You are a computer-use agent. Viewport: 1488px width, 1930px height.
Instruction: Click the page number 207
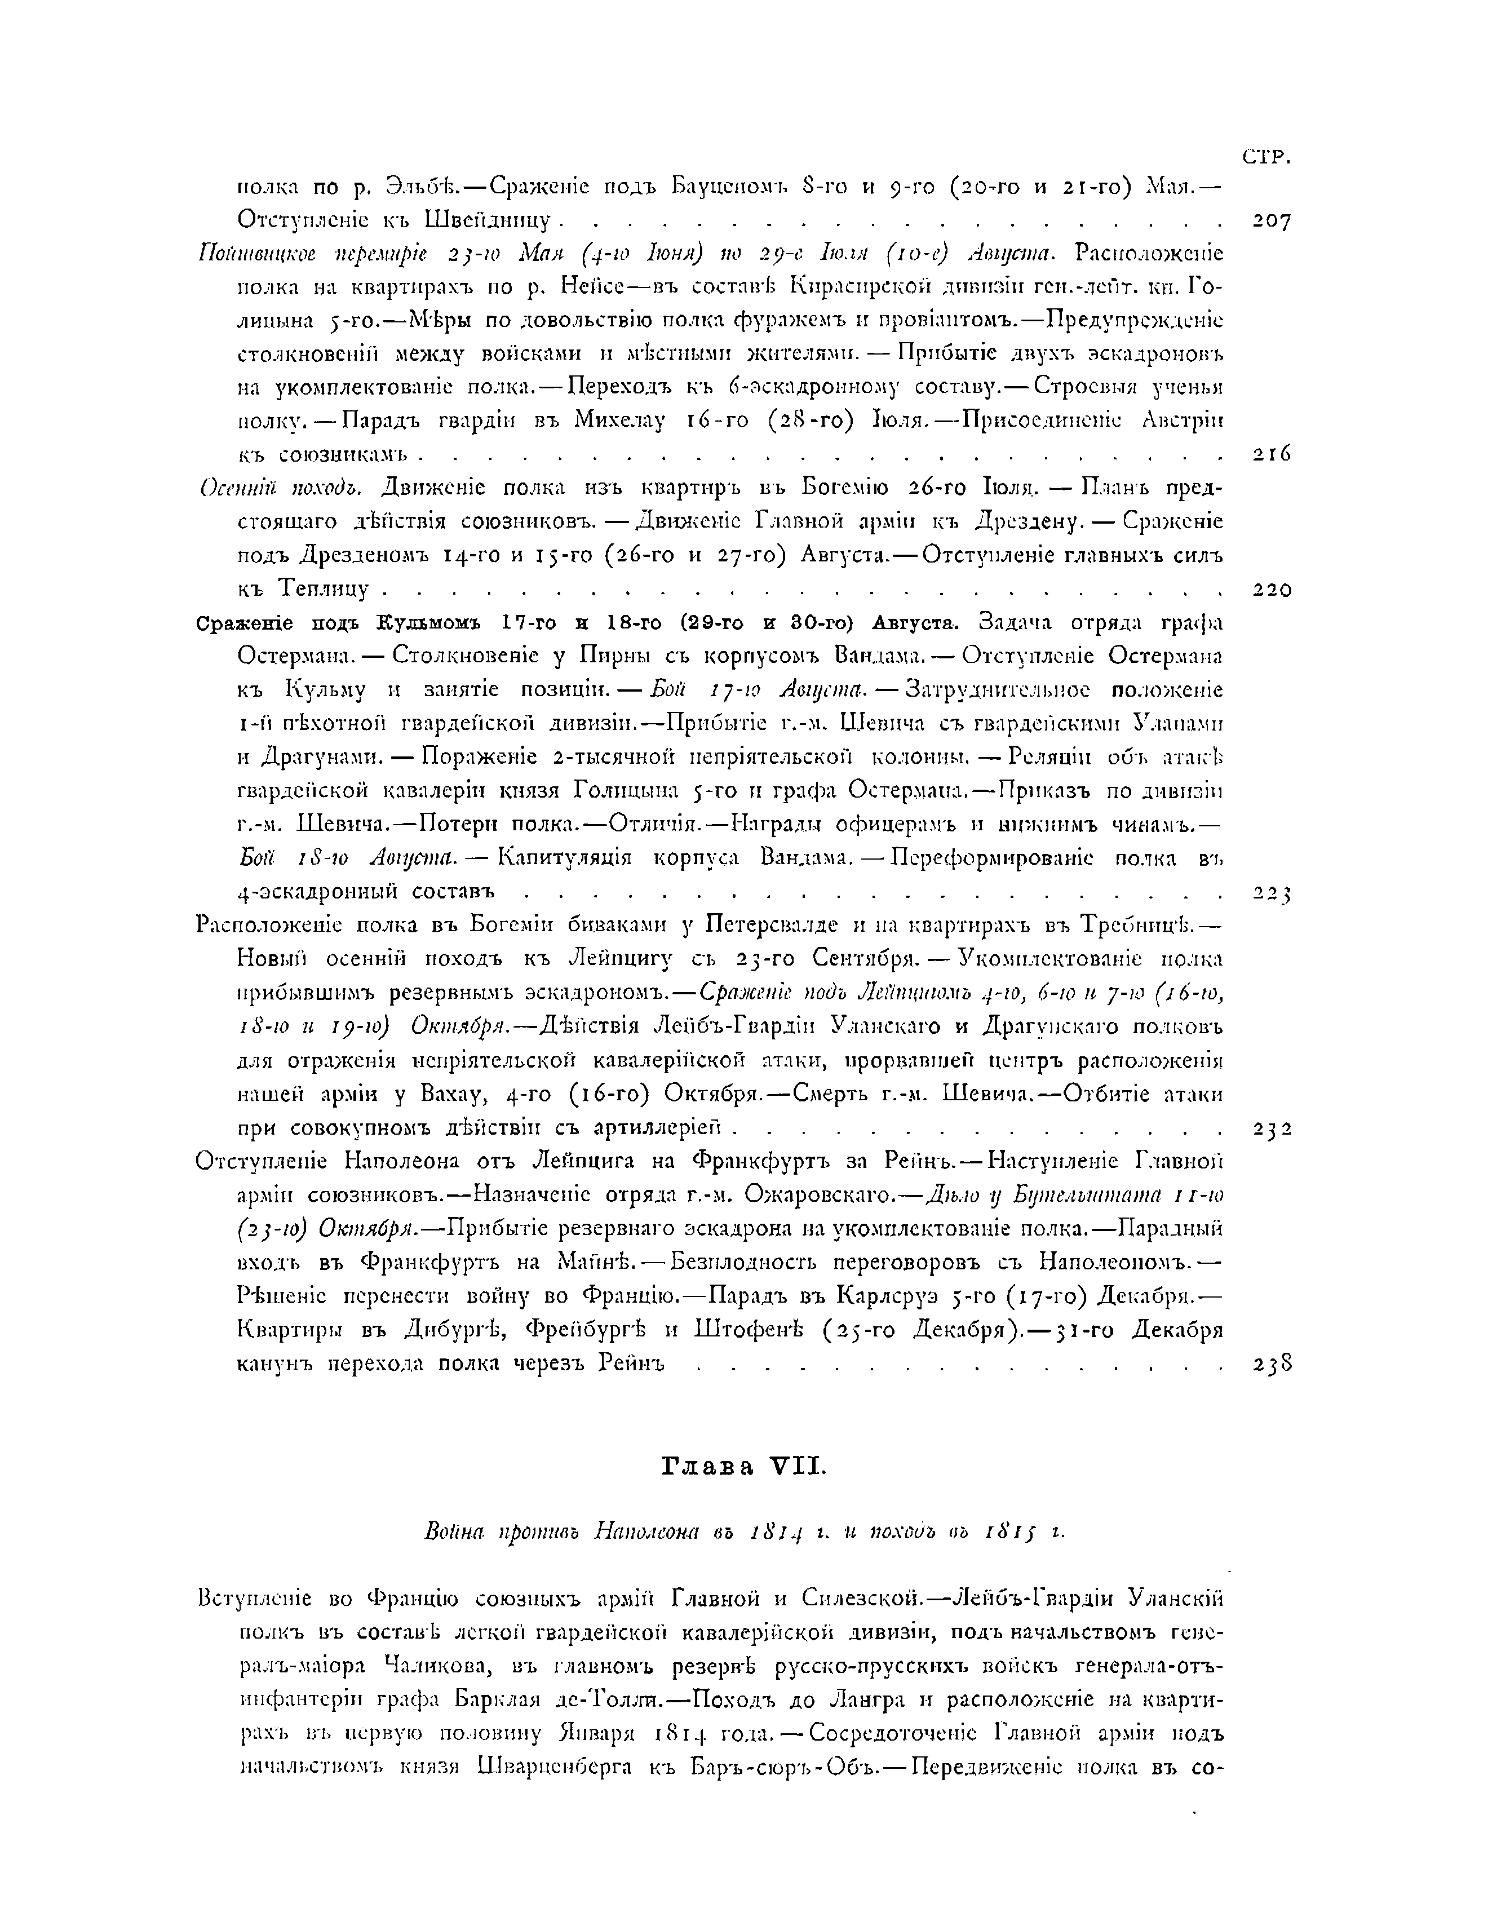(x=1272, y=221)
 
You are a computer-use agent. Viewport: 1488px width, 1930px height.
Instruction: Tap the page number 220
(x=1272, y=590)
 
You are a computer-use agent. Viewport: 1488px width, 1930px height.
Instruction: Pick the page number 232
(x=1272, y=1128)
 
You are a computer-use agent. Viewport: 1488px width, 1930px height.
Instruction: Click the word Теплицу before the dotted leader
(x=330, y=588)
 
